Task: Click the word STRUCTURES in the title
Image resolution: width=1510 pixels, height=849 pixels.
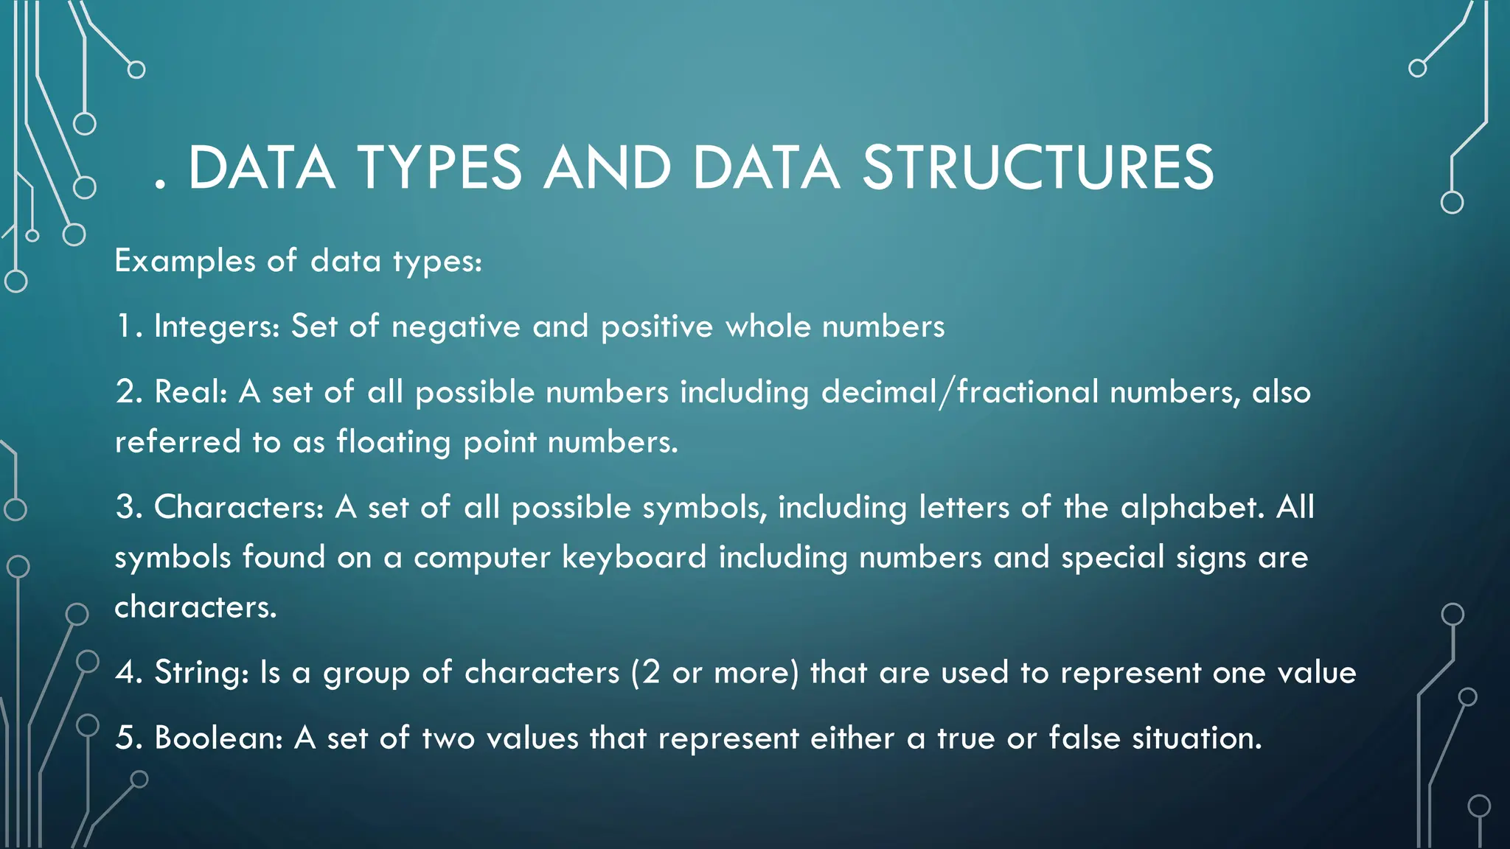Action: click(1038, 168)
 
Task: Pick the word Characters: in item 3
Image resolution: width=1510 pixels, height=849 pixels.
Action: click(239, 507)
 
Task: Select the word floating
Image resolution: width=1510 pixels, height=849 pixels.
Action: click(394, 442)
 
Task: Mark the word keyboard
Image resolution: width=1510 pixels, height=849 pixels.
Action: click(634, 557)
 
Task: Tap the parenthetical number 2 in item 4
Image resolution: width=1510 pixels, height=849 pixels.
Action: click(650, 672)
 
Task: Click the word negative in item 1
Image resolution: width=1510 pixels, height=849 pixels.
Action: click(456, 326)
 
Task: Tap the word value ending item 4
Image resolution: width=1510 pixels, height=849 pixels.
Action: click(1317, 672)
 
